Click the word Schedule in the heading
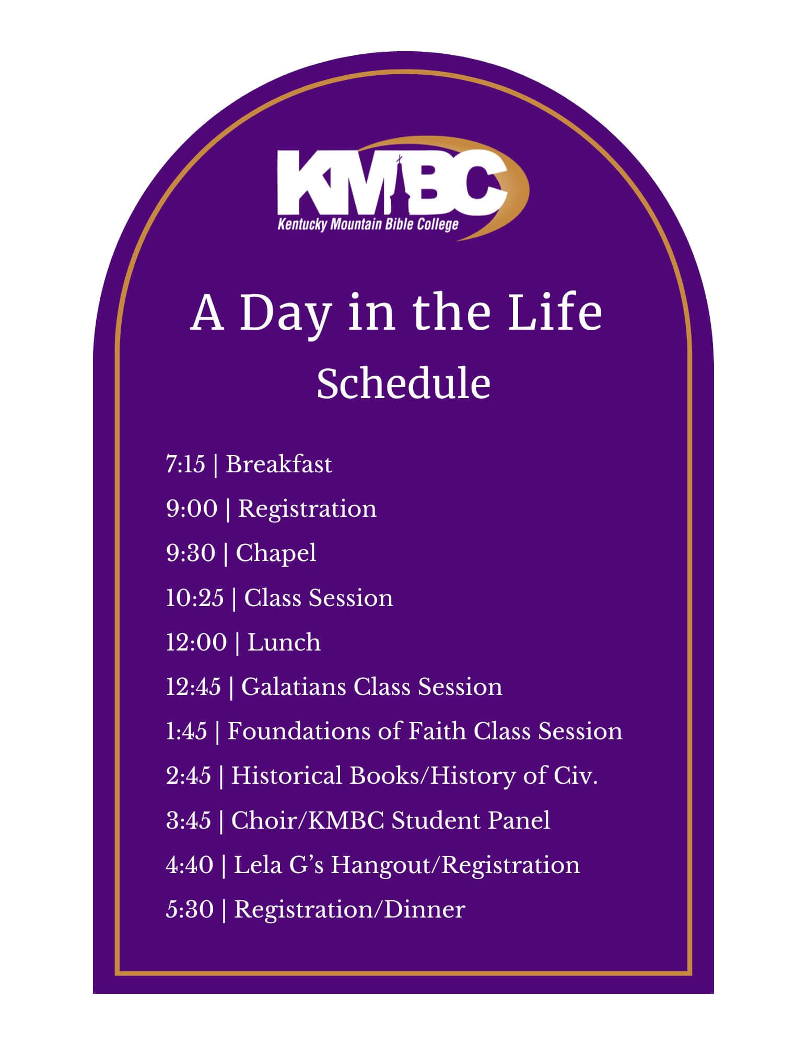pos(403,384)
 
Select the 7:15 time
pos(186,465)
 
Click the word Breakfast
pos(279,465)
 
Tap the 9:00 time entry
pos(192,509)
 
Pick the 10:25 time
pos(195,598)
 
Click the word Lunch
pos(284,642)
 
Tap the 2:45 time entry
pos(189,775)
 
